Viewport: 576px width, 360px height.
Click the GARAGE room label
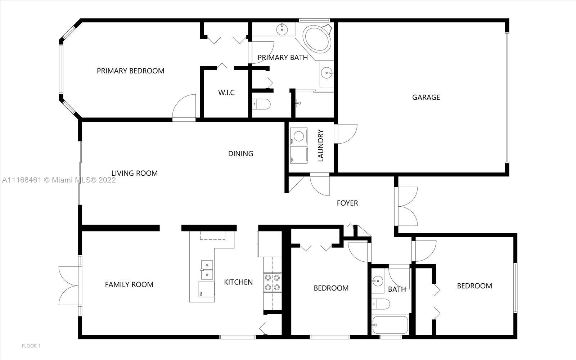pyautogui.click(x=426, y=97)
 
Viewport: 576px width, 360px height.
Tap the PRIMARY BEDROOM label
pyautogui.click(x=130, y=71)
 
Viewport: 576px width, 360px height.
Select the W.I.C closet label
pyautogui.click(x=226, y=92)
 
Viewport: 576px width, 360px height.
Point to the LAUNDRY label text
pyautogui.click(x=320, y=145)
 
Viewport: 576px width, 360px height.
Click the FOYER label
pyautogui.click(x=347, y=203)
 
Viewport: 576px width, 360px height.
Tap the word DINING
pyautogui.click(x=241, y=153)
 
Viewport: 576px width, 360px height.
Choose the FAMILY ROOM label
pyautogui.click(x=129, y=284)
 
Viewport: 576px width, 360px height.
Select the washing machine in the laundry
pyautogui.click(x=298, y=136)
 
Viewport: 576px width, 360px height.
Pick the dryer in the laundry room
pyautogui.click(x=298, y=155)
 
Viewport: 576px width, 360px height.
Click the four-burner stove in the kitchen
pyautogui.click(x=272, y=282)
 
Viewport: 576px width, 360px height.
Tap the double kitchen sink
pyautogui.click(x=207, y=270)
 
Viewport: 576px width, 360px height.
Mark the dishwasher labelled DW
pyautogui.click(x=207, y=289)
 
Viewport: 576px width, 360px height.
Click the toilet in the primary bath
pyautogui.click(x=261, y=104)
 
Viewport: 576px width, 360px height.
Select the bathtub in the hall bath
pyautogui.click(x=390, y=325)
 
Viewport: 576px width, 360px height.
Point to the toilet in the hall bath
pyautogui.click(x=381, y=304)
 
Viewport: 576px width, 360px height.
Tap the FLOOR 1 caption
pyautogui.click(x=31, y=346)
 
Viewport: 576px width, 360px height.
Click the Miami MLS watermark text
pyautogui.click(x=59, y=180)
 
